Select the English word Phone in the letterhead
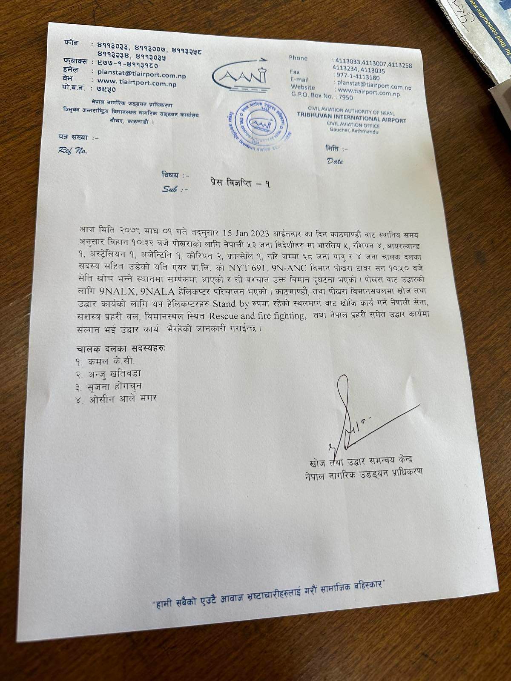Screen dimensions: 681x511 coord(298,58)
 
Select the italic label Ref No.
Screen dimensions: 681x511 coord(72,150)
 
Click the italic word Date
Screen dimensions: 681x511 coord(335,161)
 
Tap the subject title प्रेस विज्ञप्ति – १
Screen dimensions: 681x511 coord(240,183)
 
